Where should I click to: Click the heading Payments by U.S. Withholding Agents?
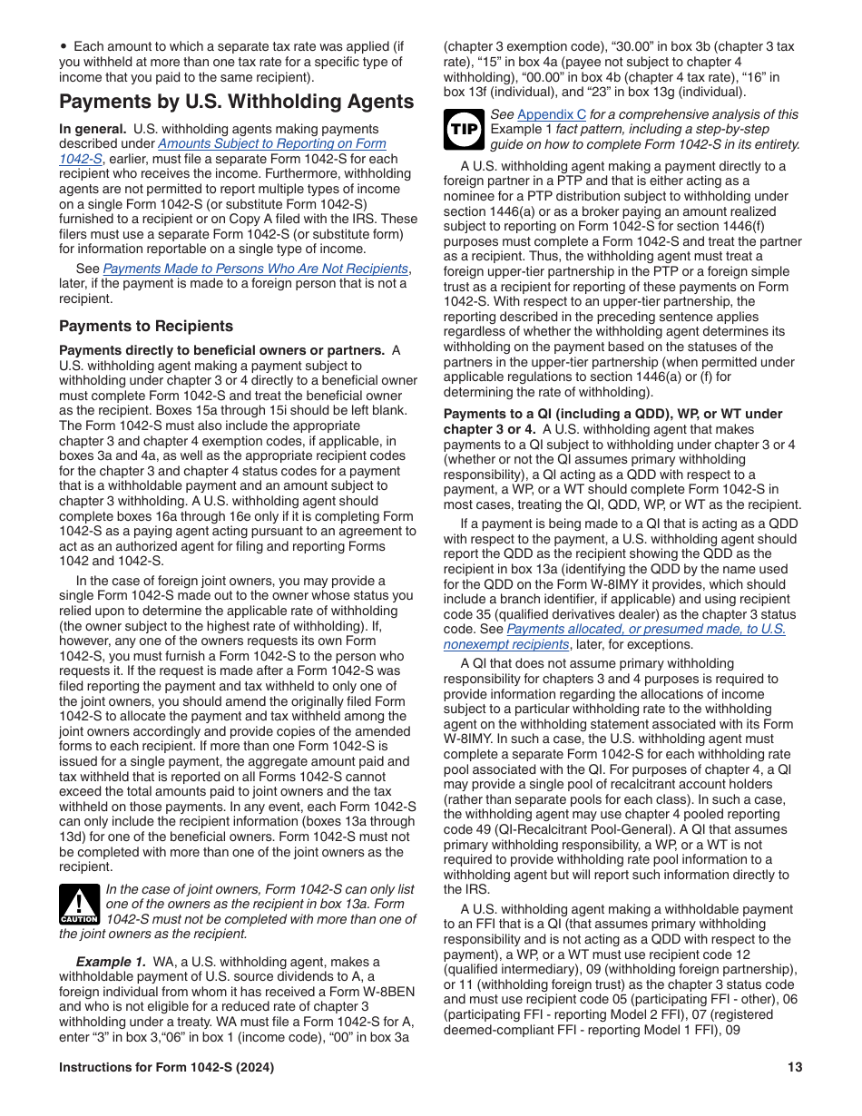click(x=237, y=102)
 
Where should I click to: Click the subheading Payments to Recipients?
click(x=146, y=326)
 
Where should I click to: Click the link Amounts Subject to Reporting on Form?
click(x=272, y=143)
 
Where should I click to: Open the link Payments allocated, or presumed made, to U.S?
click(x=645, y=629)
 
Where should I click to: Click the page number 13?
click(x=795, y=1068)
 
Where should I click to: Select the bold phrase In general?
click(x=93, y=129)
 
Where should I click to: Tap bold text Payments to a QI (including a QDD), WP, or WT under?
click(x=612, y=414)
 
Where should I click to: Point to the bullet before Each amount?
click(x=64, y=46)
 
